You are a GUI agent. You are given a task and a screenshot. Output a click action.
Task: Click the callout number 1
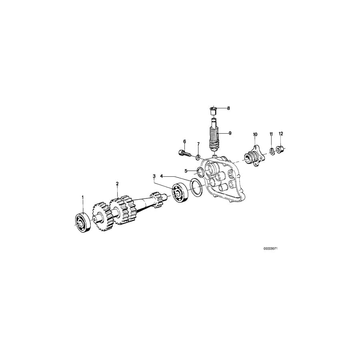(83, 197)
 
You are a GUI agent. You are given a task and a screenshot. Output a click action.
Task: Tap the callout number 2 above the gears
(117, 184)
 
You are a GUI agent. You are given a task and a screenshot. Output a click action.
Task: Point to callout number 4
(162, 176)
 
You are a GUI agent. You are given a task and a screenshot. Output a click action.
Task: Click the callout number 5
(186, 171)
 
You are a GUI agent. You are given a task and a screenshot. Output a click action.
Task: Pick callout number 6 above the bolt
(184, 141)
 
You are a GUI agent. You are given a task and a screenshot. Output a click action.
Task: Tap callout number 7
(198, 144)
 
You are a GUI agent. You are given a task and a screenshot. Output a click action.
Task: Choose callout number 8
(228, 108)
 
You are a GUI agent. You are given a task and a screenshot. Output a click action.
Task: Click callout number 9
(230, 133)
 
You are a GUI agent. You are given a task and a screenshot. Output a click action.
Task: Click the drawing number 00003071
(270, 248)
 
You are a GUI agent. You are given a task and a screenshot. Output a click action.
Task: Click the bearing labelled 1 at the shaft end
(83, 222)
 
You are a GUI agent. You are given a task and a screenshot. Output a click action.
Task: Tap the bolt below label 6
(183, 152)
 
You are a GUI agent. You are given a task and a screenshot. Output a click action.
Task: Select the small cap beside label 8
(213, 109)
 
